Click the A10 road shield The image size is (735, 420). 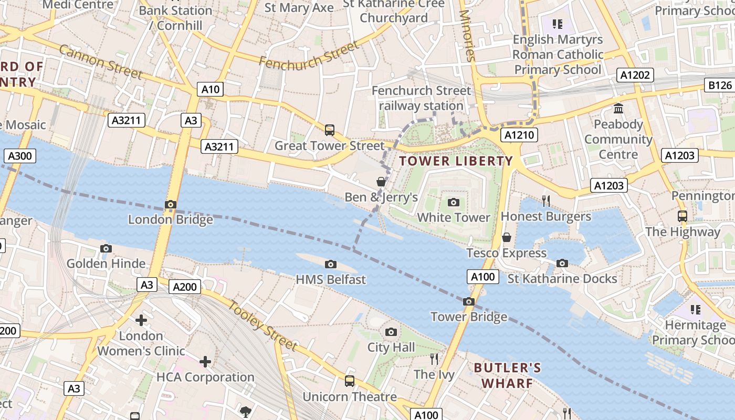pyautogui.click(x=211, y=90)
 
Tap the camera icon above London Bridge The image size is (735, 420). pyautogui.click(x=170, y=204)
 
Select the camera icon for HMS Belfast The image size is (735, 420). pyautogui.click(x=330, y=264)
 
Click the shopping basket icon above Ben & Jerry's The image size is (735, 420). pyautogui.click(x=381, y=182)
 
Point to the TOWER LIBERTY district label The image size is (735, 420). pyautogui.click(x=456, y=161)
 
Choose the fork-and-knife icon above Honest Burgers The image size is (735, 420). pyautogui.click(x=546, y=201)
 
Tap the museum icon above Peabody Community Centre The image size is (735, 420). pyautogui.click(x=618, y=109)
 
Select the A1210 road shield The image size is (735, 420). pyautogui.click(x=519, y=135)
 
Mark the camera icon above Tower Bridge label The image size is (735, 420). pyautogui.click(x=469, y=301)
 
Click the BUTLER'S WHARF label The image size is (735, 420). pyautogui.click(x=507, y=375)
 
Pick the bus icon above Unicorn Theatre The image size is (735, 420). pyautogui.click(x=350, y=381)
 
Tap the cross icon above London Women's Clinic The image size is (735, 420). pyautogui.click(x=141, y=320)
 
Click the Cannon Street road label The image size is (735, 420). pyautogui.click(x=100, y=61)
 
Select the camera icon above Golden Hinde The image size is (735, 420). pyautogui.click(x=106, y=248)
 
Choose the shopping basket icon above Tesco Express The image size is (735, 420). pyautogui.click(x=507, y=237)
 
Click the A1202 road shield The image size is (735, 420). pyautogui.click(x=635, y=75)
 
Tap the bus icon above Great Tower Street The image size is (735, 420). pyautogui.click(x=330, y=130)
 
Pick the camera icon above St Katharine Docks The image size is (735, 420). pyautogui.click(x=562, y=263)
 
